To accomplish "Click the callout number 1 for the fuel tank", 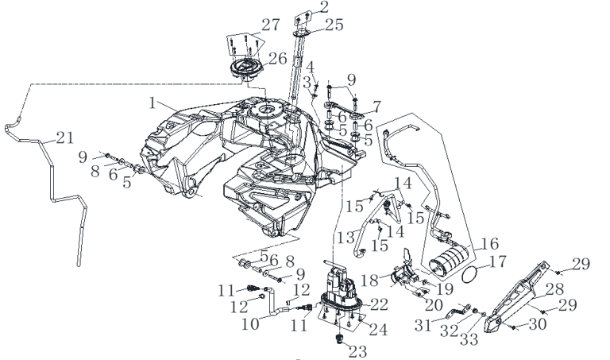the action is [x=152, y=103].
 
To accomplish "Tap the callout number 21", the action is [x=65, y=137].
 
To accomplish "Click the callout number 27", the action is [x=270, y=25].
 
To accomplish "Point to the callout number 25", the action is [x=334, y=25].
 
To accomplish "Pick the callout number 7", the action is [x=376, y=106].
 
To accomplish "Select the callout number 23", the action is [x=358, y=351].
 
